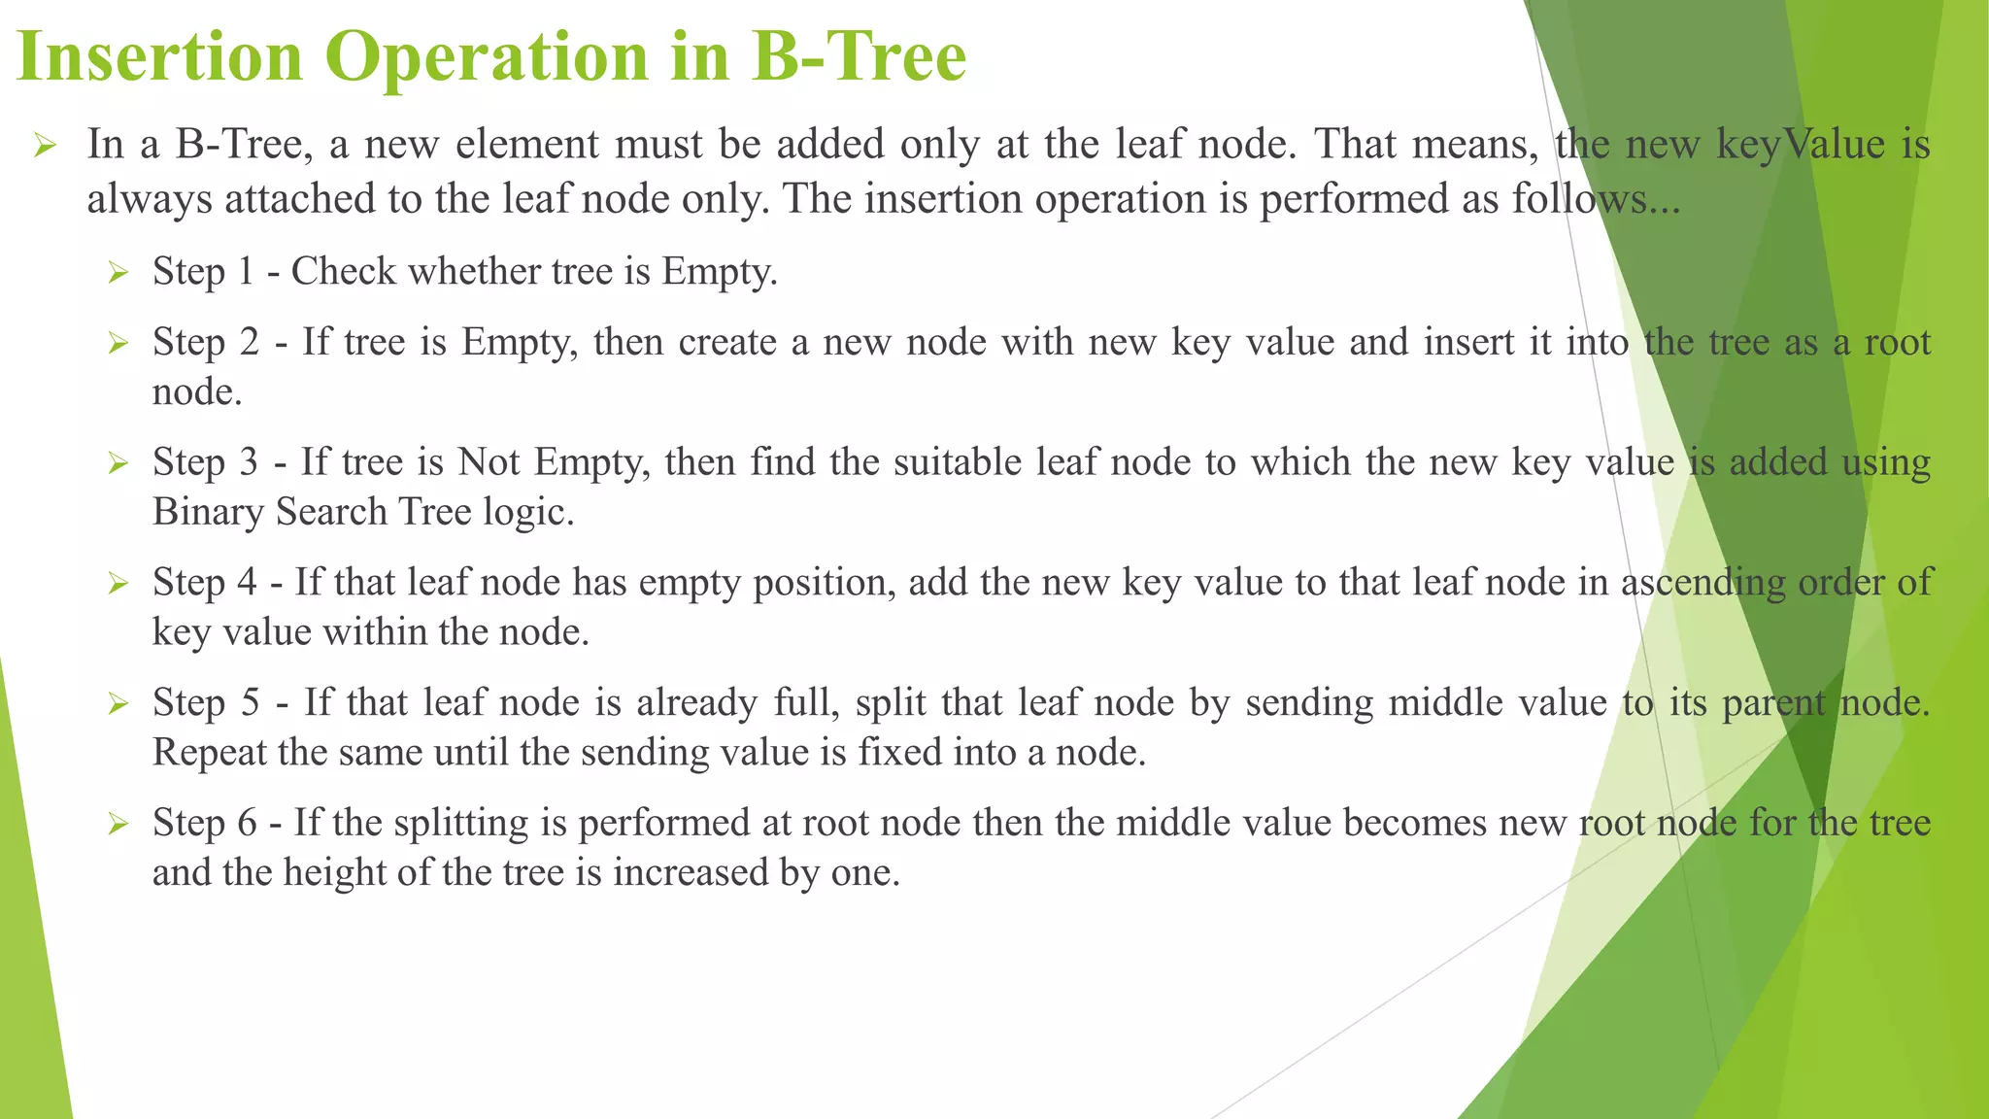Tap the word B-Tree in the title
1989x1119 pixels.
[859, 56]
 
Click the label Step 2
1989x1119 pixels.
[206, 342]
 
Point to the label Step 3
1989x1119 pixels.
[205, 461]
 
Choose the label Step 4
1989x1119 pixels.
[204, 582]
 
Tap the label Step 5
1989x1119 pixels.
[206, 702]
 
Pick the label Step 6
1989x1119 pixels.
[204, 823]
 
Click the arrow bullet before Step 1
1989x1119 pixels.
[118, 273]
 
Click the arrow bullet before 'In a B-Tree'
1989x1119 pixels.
[47, 147]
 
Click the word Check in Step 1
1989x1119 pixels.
[344, 271]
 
